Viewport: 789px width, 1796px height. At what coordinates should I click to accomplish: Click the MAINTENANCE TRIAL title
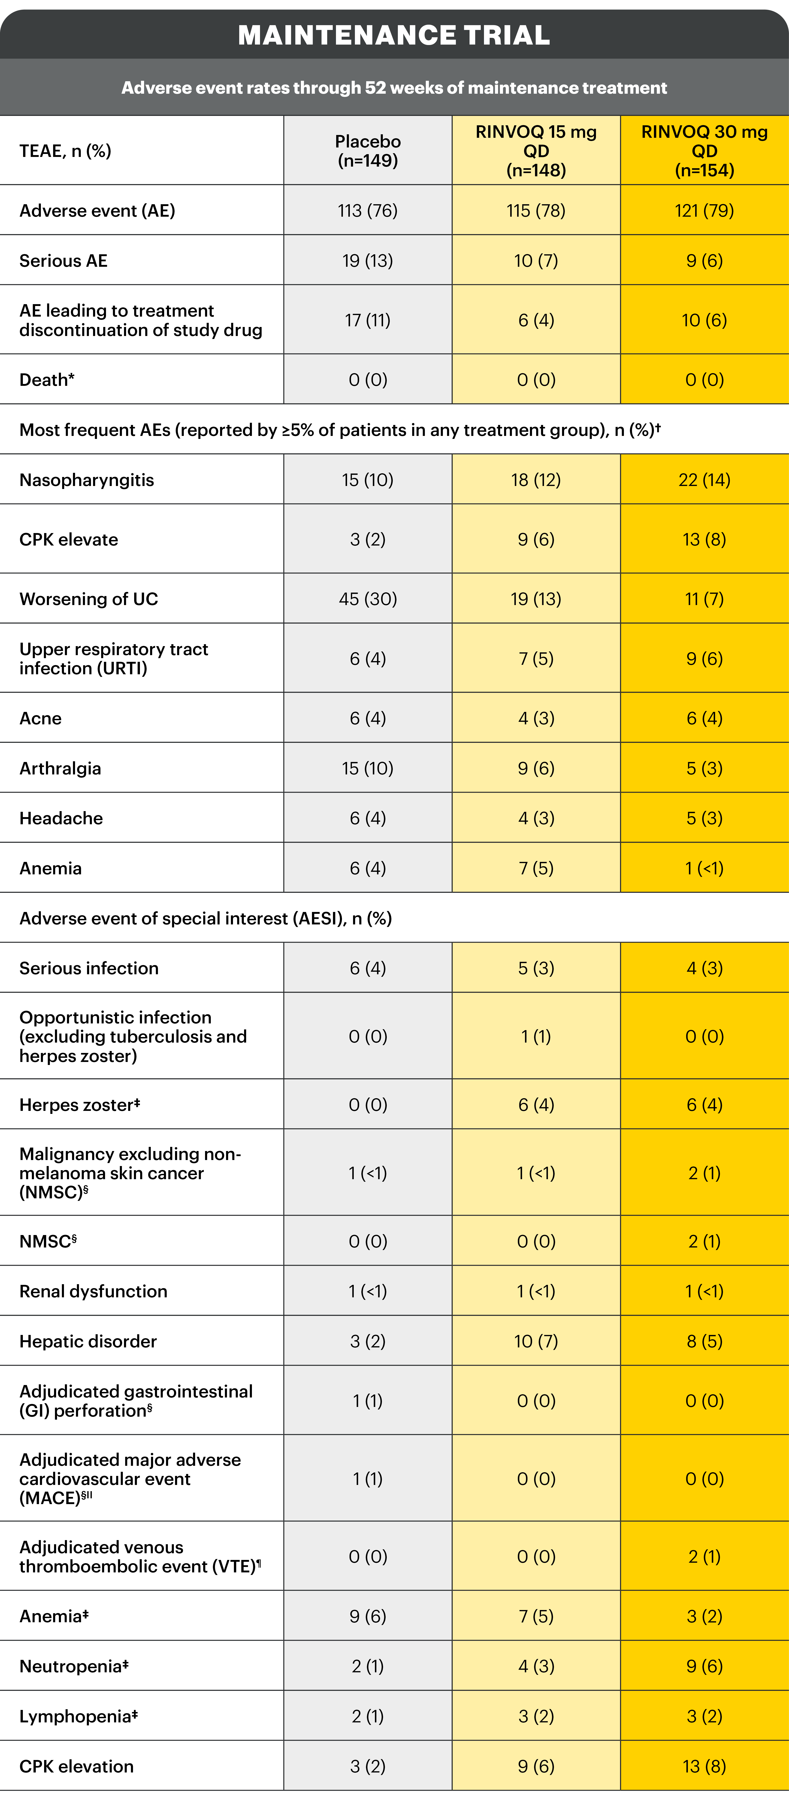coord(394,35)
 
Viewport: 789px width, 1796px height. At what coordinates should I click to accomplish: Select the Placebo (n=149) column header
coord(368,151)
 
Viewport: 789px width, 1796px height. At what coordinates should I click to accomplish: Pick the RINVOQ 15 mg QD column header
coord(536,151)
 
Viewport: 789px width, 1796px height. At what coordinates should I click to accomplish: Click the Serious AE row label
coord(63,261)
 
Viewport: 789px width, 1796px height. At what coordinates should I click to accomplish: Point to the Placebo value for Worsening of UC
coord(368,599)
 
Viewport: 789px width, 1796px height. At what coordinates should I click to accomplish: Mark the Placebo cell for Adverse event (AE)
coord(368,210)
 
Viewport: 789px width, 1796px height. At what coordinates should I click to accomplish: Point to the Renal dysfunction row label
coord(94,1291)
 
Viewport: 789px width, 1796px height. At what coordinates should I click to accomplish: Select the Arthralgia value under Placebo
coord(368,768)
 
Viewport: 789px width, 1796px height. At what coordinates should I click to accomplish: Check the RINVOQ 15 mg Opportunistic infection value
coord(536,1036)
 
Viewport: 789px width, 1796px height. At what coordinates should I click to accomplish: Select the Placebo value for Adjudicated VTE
coord(368,1556)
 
